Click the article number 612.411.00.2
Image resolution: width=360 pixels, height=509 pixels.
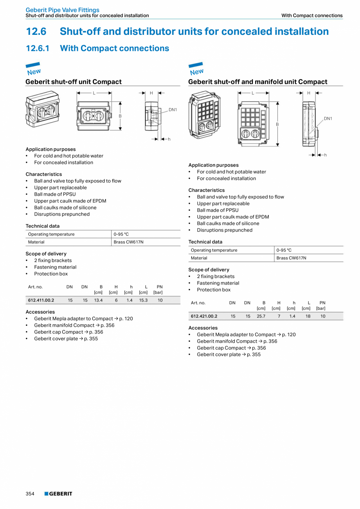41,300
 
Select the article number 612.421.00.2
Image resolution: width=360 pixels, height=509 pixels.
204,316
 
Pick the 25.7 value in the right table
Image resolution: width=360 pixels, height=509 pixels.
261,316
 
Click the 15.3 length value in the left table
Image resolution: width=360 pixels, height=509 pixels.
143,300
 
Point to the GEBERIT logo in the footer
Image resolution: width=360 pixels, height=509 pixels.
58,494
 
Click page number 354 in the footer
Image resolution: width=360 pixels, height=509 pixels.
30,494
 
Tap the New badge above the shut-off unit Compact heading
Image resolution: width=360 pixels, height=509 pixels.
34,69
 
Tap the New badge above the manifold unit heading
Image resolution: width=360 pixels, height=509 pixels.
196,69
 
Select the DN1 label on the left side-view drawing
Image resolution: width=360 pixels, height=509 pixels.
173,110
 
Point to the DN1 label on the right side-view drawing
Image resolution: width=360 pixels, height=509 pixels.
328,119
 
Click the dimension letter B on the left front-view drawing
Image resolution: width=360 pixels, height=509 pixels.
120,116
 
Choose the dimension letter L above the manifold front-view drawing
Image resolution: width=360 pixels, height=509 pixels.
253,93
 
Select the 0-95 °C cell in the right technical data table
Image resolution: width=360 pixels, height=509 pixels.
284,250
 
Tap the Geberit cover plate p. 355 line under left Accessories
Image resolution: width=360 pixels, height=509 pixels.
66,339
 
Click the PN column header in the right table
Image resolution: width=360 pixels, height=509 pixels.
322,303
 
